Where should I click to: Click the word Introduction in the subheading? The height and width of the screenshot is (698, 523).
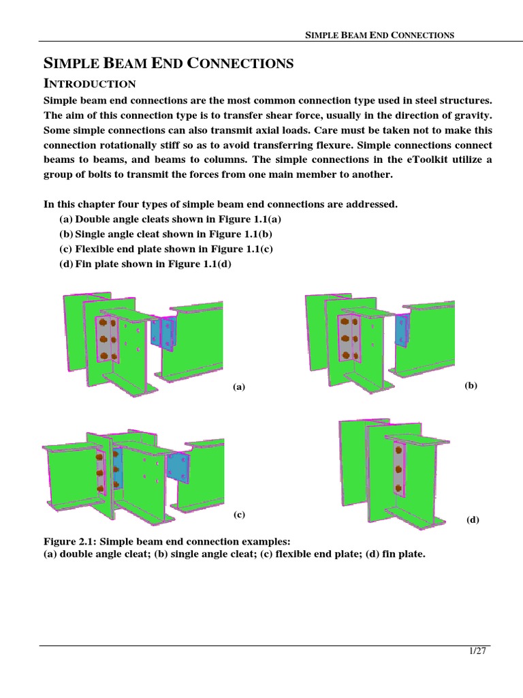pos(90,84)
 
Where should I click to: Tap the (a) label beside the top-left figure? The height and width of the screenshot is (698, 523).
pos(238,386)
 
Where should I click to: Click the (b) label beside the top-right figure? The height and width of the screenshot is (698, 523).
pos(471,385)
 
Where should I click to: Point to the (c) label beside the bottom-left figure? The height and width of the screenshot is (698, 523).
pos(238,515)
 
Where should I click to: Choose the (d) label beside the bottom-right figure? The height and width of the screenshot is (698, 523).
pos(473,519)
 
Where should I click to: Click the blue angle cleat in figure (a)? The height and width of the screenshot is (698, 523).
pos(163,333)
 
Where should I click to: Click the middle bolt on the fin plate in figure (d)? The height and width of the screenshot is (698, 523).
pos(397,468)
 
